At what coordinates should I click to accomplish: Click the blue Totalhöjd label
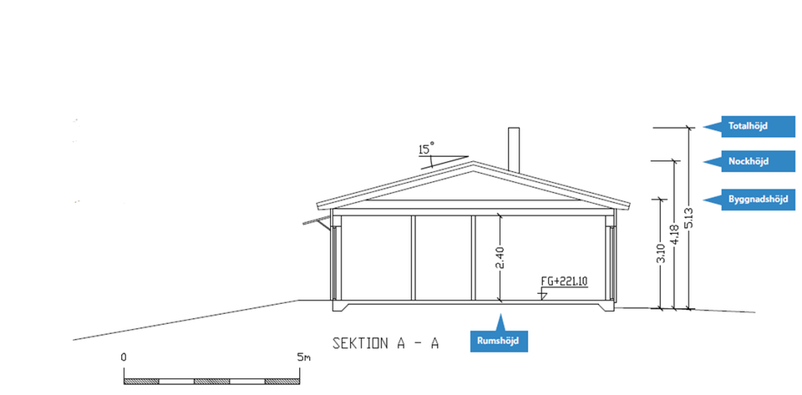tap(749, 126)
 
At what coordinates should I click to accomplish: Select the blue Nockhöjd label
tap(749, 161)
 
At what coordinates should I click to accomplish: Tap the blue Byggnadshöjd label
tap(749, 200)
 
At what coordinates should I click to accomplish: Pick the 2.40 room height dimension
tap(500, 257)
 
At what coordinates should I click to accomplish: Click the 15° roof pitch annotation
tap(426, 149)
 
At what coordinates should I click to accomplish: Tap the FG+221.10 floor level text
tap(560, 281)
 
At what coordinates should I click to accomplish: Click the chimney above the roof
tap(514, 149)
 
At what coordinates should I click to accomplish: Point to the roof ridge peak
tap(473, 162)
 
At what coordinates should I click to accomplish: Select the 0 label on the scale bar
tap(124, 357)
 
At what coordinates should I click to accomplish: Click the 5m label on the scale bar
tap(304, 357)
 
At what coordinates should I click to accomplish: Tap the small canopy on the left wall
tap(317, 221)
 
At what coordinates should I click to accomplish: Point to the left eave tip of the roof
tap(317, 206)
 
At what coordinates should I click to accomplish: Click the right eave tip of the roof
tap(629, 206)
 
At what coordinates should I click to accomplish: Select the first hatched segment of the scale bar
tap(142, 382)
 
